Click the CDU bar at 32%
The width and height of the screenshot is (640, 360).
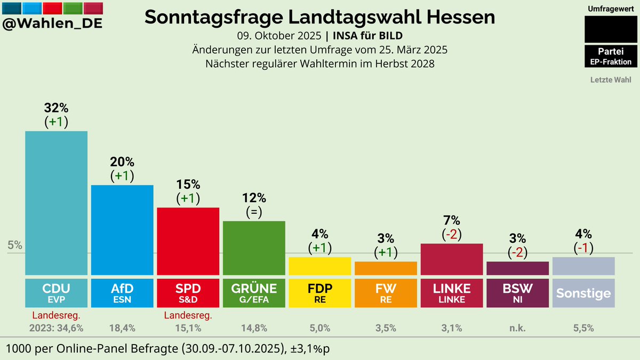point(57,203)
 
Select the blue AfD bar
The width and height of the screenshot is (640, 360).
point(122,229)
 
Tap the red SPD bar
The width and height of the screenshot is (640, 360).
point(188,241)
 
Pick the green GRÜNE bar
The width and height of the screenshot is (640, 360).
point(254,247)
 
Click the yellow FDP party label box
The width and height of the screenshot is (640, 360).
point(319,293)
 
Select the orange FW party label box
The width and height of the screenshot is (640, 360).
point(386,293)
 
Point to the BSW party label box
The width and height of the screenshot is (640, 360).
point(517,293)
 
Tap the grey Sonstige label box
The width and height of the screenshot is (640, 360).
point(583,293)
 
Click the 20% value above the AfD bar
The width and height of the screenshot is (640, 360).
point(122,162)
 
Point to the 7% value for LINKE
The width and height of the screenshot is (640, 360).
point(451,220)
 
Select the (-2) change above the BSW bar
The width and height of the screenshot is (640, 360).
point(517,252)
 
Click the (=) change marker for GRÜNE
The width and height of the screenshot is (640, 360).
point(254,212)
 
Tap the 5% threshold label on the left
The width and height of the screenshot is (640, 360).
point(15,245)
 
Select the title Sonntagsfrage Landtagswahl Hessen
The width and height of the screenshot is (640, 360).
point(320,17)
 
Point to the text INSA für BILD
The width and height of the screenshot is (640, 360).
point(367,36)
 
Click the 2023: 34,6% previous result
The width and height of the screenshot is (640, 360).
point(57,328)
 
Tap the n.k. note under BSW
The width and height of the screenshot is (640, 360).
point(517,328)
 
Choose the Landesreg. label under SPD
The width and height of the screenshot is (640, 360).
point(188,315)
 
